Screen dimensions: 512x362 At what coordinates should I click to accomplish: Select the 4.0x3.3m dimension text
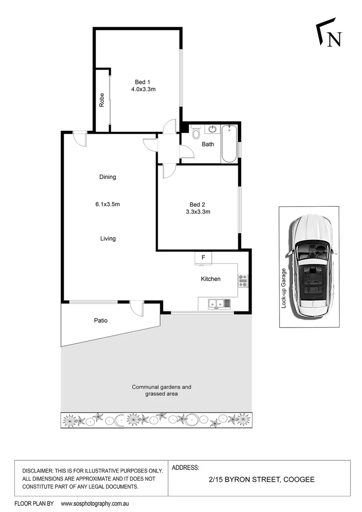point(144,89)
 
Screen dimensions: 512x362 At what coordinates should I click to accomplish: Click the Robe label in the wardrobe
point(101,100)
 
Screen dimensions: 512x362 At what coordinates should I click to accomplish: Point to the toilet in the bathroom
point(197,133)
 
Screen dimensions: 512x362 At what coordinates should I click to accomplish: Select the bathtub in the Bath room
point(230,143)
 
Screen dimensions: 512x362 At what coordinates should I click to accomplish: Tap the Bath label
point(208,145)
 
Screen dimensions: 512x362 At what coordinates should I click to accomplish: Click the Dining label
point(108,177)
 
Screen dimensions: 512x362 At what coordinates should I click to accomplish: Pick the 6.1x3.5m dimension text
point(108,204)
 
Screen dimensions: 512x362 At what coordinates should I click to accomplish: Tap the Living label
point(108,238)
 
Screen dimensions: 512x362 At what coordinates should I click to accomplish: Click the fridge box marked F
point(203,257)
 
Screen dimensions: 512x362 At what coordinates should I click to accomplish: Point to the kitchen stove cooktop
point(243,281)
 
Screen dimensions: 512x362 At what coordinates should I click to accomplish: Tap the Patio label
point(100,320)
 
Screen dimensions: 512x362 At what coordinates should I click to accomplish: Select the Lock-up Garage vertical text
point(284,288)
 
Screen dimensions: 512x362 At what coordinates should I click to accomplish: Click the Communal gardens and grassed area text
point(162,390)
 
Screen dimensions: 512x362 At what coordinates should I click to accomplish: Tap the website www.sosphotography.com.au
point(95,503)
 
